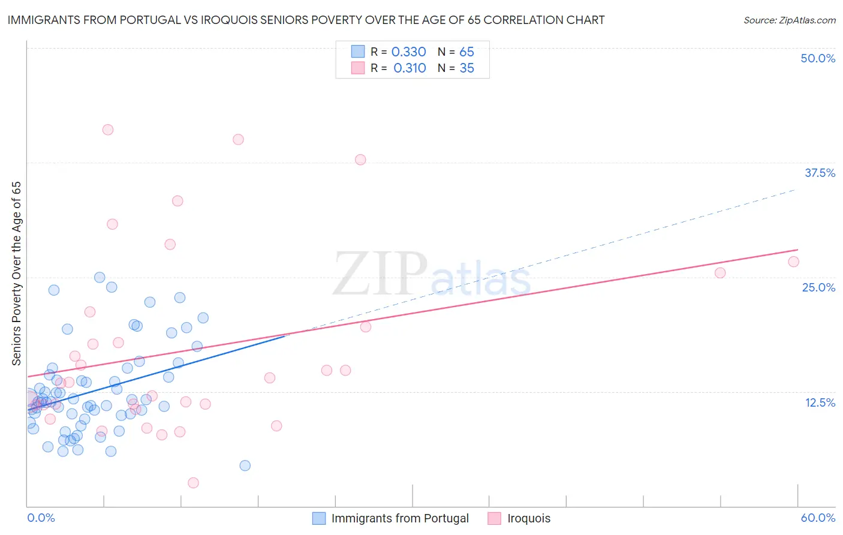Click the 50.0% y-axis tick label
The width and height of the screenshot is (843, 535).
point(818,58)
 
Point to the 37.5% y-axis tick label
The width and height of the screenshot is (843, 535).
point(820,173)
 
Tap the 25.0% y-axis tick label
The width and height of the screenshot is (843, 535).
point(818,287)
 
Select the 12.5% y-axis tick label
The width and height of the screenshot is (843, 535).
point(820,402)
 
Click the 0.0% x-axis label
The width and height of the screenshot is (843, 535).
point(41,518)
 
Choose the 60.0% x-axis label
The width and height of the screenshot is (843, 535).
point(818,518)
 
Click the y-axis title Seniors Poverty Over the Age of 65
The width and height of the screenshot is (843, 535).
point(17,273)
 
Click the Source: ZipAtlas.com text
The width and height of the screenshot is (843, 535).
point(789,20)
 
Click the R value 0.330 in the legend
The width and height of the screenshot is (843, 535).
point(408,52)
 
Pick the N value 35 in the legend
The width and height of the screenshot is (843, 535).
point(466,68)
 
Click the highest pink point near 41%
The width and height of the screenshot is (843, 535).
point(108,130)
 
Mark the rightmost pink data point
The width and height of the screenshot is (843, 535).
point(793,262)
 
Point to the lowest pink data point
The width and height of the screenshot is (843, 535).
point(193,483)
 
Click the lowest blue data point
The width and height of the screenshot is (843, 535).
point(245,465)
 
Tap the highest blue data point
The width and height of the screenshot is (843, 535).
point(100,278)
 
